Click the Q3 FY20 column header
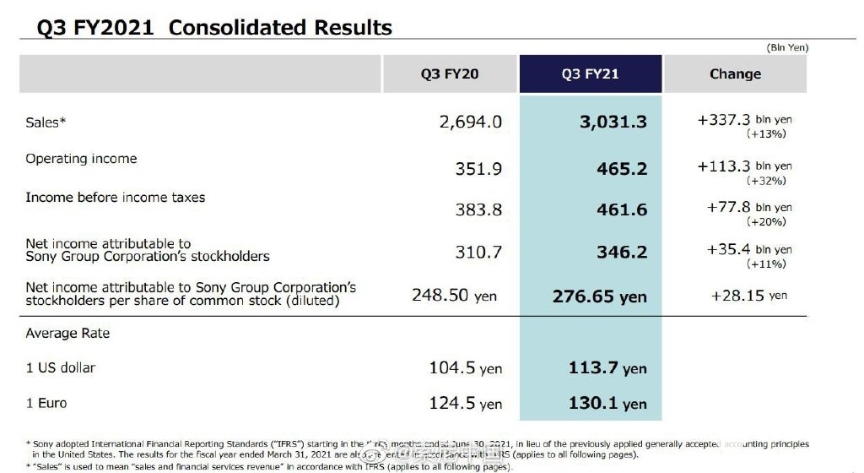(x=450, y=74)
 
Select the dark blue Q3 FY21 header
(x=590, y=74)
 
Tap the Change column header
(x=735, y=74)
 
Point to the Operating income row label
(x=81, y=159)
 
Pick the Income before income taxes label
(x=103, y=198)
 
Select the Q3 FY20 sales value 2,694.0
(x=471, y=122)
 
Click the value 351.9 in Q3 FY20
(x=478, y=169)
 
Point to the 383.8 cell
(x=478, y=209)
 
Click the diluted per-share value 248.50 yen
(x=455, y=296)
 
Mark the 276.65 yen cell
(x=600, y=296)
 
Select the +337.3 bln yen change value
(x=745, y=121)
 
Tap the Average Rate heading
(x=67, y=334)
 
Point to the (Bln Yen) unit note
(x=786, y=48)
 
